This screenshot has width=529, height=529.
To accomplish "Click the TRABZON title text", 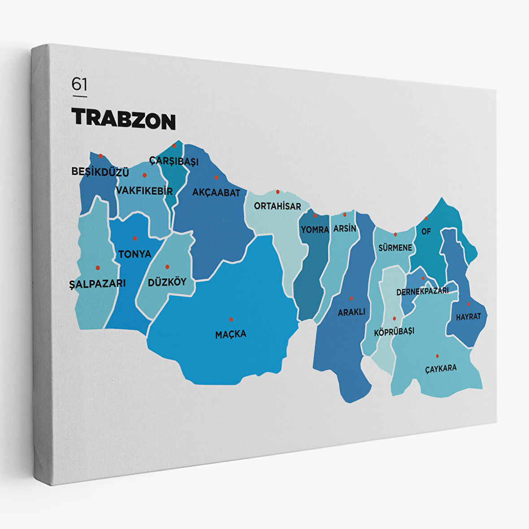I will pos(123,118).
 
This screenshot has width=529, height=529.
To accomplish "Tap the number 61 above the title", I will pos(79,84).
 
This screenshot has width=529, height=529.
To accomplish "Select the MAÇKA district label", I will pos(230,334).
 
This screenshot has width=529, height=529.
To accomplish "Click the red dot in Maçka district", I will pos(231,319).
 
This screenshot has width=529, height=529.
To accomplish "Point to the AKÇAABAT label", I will pos(216,193).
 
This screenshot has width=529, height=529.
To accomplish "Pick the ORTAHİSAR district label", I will pos(278,206).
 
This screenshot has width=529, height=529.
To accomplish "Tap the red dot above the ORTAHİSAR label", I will pos(278,192).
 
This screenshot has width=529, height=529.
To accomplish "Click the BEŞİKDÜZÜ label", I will pos(100,172).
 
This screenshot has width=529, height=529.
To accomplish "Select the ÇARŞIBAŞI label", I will pos(174,160).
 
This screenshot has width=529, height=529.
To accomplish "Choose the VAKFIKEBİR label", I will pos(144,191).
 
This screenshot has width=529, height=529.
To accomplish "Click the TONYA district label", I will pos(134,254).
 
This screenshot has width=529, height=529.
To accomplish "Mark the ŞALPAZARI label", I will pos(97,283).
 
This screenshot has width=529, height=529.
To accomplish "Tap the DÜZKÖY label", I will pos(167,282).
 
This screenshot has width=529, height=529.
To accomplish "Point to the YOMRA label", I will pos(315,230).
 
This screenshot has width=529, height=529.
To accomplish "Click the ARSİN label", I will pos(345,228).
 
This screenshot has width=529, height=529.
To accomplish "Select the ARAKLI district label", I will pos(351,312).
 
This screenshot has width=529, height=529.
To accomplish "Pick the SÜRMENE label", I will pos(395,247).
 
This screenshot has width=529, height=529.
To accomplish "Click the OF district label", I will pos(425,232).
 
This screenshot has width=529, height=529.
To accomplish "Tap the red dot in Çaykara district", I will pos(437,356).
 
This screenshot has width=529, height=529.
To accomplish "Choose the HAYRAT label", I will pos(468,317).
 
